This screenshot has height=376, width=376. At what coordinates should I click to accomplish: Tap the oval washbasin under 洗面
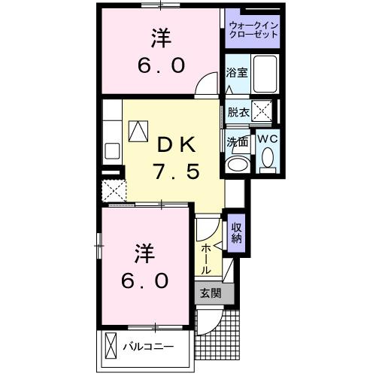pyautogui.click(x=239, y=164)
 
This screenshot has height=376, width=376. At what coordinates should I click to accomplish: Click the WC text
pyautogui.click(x=268, y=139)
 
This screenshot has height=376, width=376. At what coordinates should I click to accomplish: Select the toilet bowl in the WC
pyautogui.click(x=268, y=160)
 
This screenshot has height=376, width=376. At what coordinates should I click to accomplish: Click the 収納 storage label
pyautogui.click(x=236, y=233)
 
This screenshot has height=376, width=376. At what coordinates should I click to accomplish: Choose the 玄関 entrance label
pyautogui.click(x=210, y=293)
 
